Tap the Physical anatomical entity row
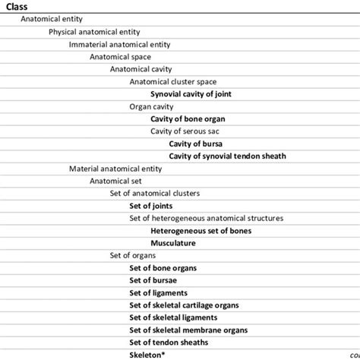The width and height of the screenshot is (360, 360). click(95, 32)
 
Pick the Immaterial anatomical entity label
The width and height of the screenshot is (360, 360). click(119, 44)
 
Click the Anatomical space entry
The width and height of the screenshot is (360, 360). click(120, 56)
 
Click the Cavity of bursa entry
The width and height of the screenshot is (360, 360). click(195, 144)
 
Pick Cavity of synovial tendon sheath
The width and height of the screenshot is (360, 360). click(227, 156)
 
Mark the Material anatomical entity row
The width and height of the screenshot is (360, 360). click(115, 169)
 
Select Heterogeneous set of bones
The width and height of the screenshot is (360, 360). click(201, 230)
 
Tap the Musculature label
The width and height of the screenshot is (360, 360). click(173, 243)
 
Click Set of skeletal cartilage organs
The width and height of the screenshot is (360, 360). click(184, 305)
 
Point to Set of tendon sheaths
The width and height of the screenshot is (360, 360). click(169, 342)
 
